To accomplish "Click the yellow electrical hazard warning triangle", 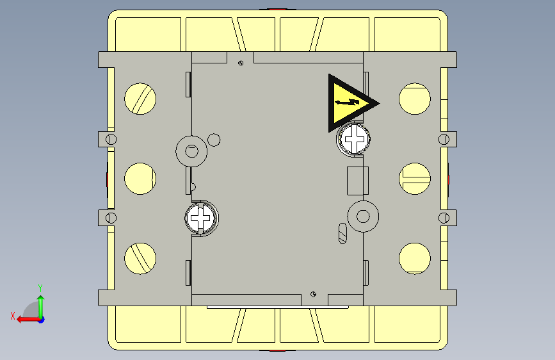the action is [348, 102].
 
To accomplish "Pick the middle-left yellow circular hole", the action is [140, 179].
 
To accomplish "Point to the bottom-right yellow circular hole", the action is [414, 258].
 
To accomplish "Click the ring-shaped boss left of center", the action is [191, 151].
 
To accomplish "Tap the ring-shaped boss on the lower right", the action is [362, 215].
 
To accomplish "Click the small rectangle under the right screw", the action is [356, 181].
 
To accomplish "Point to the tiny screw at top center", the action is [240, 63].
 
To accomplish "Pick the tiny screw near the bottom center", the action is [313, 294].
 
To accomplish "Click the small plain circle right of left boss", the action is [214, 139].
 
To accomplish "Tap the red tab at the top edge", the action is [277, 9].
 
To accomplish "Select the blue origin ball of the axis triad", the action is [40, 319].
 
